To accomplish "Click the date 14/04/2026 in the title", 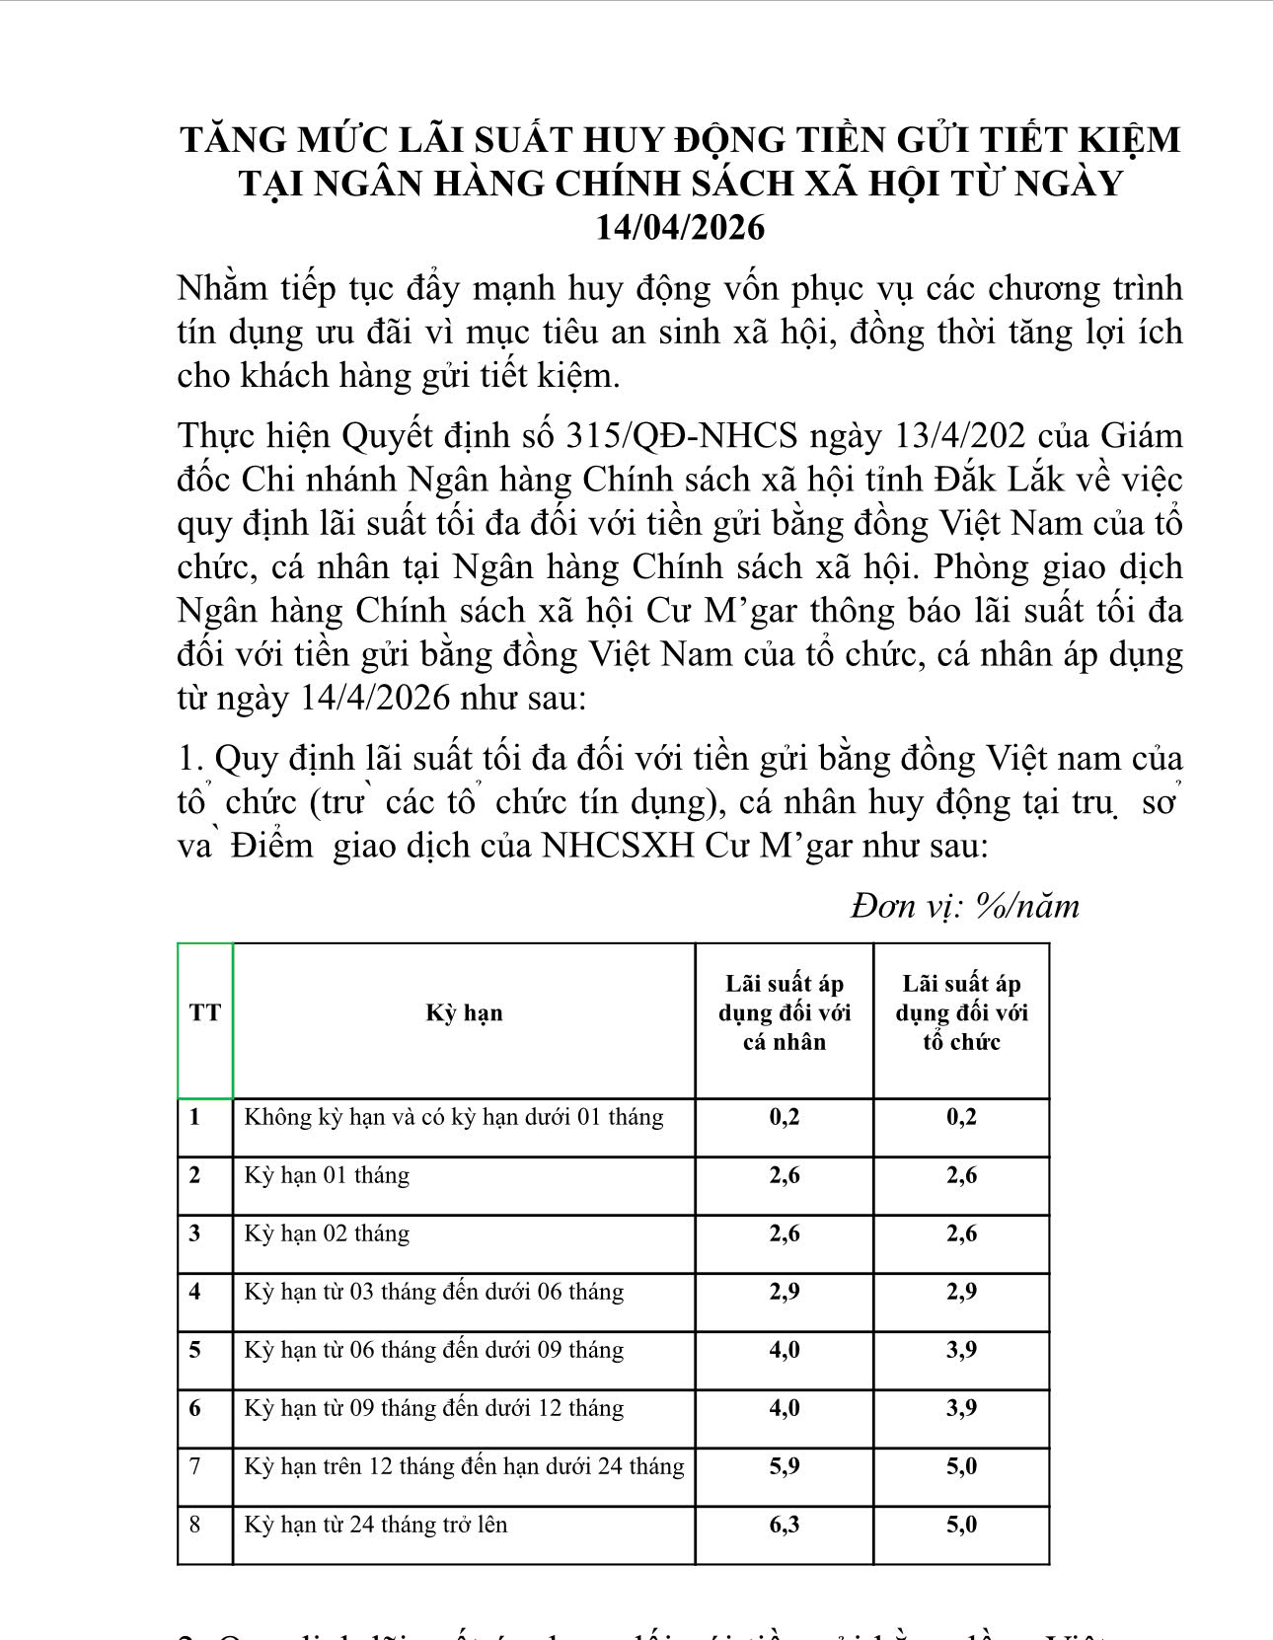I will click(680, 228).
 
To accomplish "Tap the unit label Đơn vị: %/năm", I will click(965, 905).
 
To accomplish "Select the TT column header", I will click(205, 1012).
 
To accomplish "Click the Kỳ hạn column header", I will click(464, 1012).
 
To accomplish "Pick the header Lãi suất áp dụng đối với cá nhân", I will click(785, 1012).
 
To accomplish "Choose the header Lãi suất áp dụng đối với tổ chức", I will click(961, 1012).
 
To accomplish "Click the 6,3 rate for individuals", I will click(785, 1525).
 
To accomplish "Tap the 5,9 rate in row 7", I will click(785, 1466).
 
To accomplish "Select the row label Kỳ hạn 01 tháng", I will click(327, 1175).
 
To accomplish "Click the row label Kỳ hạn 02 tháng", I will click(327, 1233).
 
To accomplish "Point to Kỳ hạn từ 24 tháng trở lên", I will click(376, 1525).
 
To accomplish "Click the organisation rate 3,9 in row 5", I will click(961, 1350).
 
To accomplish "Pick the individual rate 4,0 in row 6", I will click(785, 1408).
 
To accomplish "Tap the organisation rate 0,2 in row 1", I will click(961, 1117).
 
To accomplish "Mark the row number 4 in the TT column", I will click(195, 1292).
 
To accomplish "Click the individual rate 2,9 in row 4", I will click(785, 1292).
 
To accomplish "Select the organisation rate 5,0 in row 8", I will click(961, 1525).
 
